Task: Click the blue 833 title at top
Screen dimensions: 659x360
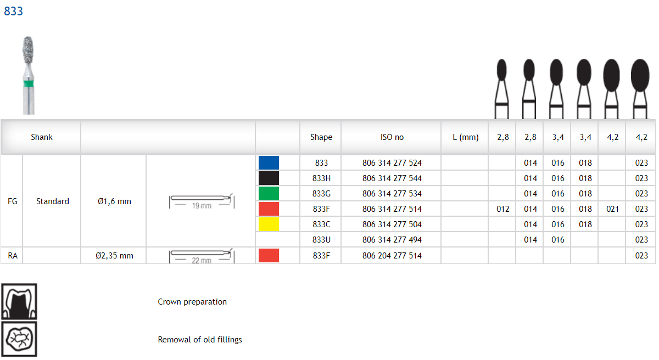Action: click(13, 11)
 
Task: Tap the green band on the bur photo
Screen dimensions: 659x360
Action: click(29, 84)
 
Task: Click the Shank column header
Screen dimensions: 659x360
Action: click(42, 137)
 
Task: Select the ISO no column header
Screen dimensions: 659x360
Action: click(392, 137)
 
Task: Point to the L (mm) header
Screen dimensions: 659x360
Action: click(466, 137)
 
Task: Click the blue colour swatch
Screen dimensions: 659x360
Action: click(269, 163)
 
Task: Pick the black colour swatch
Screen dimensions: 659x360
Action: click(269, 178)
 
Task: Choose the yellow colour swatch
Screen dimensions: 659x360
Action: click(269, 224)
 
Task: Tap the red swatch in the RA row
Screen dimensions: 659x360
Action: click(269, 255)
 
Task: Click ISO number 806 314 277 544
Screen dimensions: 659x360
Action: click(392, 178)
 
